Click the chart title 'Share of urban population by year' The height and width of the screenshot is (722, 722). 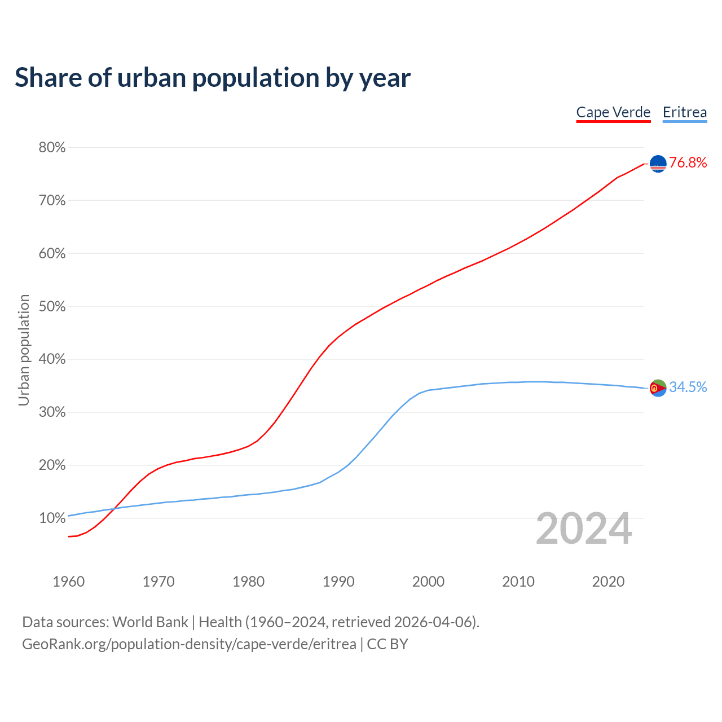tap(213, 78)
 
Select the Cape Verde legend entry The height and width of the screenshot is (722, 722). tap(613, 112)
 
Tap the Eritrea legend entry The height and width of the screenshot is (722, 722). tap(684, 112)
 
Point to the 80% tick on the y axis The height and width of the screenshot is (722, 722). tap(52, 148)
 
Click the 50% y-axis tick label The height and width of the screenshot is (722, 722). tap(52, 307)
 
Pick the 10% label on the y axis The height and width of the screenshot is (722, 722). tap(52, 518)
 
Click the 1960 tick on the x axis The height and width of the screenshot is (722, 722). tap(68, 582)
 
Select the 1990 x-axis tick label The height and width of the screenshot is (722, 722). tap(338, 582)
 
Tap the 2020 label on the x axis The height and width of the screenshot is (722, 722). tap(608, 582)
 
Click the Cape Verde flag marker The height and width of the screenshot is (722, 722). tap(658, 164)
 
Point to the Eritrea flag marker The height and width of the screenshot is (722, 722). tap(658, 388)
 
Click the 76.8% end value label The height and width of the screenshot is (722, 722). tap(688, 163)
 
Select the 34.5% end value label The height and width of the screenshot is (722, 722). tap(688, 387)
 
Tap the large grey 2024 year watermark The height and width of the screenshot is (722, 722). tap(584, 529)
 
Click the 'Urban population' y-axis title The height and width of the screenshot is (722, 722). tap(24, 350)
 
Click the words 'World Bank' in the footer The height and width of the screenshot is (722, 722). tap(150, 622)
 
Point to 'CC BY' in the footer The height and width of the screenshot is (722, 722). tap(388, 644)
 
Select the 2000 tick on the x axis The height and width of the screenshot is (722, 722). tap(428, 582)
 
